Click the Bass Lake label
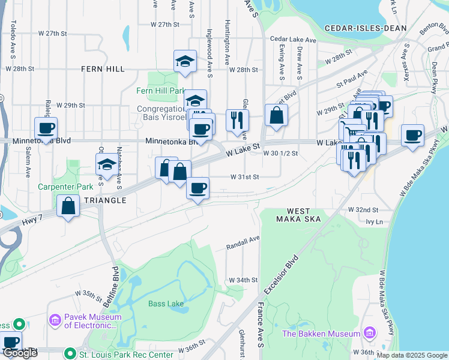tap(166, 304)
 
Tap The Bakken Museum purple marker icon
tap(369, 333)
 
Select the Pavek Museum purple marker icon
tap(56, 321)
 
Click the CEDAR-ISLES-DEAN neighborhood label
tap(366, 28)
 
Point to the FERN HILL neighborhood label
tap(103, 69)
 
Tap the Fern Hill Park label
tap(161, 91)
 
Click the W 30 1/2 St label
tap(280, 154)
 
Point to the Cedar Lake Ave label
tap(293, 40)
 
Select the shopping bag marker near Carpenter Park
tap(68, 206)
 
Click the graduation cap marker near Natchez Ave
tap(107, 164)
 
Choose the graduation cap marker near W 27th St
tap(185, 61)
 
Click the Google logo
tap(20, 353)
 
